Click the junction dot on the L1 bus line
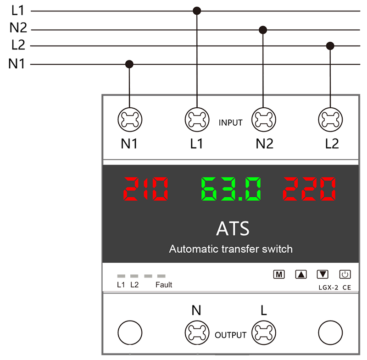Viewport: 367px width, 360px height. point(197,11)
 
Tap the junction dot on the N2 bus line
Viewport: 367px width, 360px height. point(263,30)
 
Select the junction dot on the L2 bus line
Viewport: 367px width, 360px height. point(330,46)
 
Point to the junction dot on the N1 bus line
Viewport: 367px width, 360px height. point(129,64)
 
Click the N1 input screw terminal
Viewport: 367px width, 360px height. point(130,120)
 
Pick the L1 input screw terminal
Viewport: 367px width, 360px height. point(197,120)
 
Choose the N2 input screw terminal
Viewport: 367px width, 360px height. point(264,120)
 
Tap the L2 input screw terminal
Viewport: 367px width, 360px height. point(330,120)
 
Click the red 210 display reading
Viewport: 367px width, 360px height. point(145,189)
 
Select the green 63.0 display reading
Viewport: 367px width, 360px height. point(231,189)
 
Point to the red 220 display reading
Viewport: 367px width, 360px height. point(309,189)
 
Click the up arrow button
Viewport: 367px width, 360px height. point(301,274)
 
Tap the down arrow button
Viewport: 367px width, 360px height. point(323,274)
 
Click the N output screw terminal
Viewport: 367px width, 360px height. point(197,332)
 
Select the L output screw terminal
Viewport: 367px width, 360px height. point(264,332)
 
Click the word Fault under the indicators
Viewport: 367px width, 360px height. point(164,285)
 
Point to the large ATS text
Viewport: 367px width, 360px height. point(233,228)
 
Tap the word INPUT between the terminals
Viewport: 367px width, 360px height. point(231,122)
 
